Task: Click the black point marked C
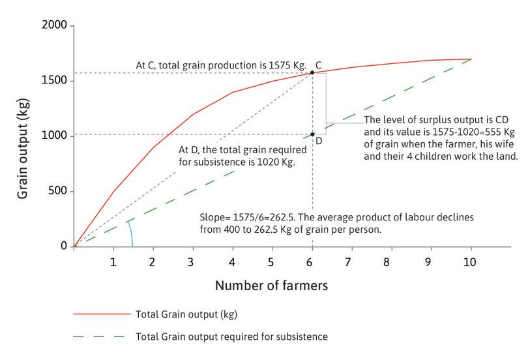[312, 72]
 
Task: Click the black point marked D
[312, 134]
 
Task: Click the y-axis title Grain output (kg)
[22, 137]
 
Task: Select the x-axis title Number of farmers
[272, 285]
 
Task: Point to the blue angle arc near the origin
[130, 232]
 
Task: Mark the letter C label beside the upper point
[319, 65]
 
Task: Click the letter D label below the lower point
[319, 141]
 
